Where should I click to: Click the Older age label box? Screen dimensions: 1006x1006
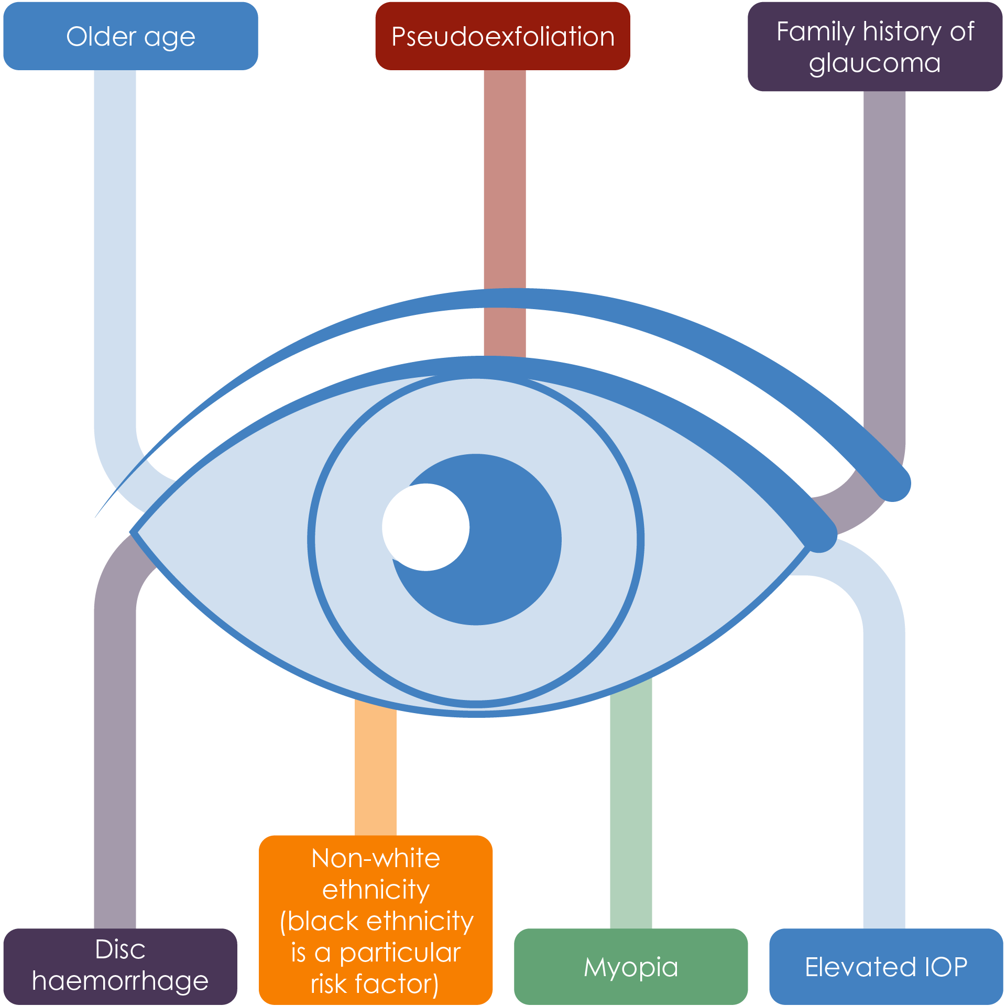pyautogui.click(x=130, y=37)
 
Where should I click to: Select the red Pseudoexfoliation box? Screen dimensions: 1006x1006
pyautogui.click(x=502, y=37)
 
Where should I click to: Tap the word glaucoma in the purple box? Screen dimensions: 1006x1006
pyautogui.click(x=874, y=63)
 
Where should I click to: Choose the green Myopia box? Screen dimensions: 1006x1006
pyautogui.click(x=631, y=967)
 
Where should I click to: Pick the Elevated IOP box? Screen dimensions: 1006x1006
pyautogui.click(x=885, y=967)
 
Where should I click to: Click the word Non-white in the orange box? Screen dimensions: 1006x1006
pyautogui.click(x=376, y=859)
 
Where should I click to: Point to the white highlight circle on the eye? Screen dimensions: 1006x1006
pyautogui.click(x=425, y=527)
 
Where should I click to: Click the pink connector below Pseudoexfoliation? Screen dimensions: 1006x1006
pyautogui.click(x=505, y=178)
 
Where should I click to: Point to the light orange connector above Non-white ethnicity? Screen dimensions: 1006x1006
pyautogui.click(x=375, y=770)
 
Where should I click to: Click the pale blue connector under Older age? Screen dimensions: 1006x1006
pyautogui.click(x=115, y=236)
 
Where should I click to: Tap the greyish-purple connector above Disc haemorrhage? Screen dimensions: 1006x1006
pyautogui.click(x=115, y=760)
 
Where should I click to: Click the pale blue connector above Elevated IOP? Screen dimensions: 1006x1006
pyautogui.click(x=884, y=760)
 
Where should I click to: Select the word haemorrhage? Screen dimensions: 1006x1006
pyautogui.click(x=120, y=981)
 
